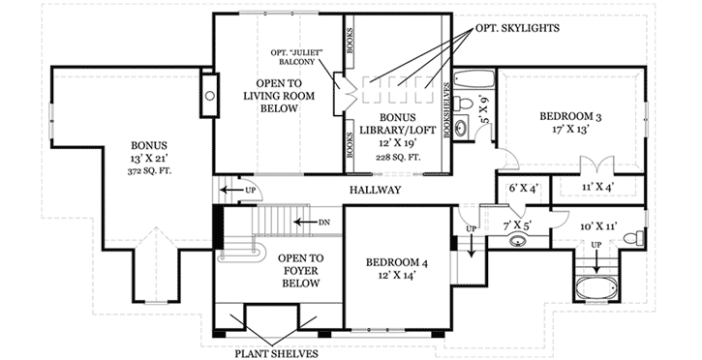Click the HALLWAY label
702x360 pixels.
pos(377,191)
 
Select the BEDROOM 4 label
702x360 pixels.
pos(394,262)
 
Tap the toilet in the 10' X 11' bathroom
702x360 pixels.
pos(630,237)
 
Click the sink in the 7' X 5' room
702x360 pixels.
pos(517,241)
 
